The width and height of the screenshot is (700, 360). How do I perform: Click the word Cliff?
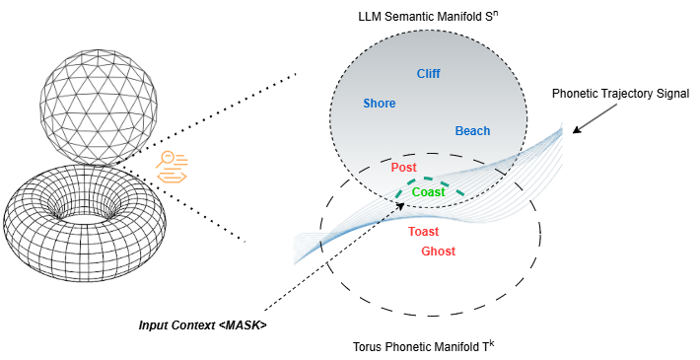(x=428, y=74)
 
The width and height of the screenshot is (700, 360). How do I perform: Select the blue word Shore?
(x=379, y=104)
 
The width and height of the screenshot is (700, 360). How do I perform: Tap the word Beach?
(x=472, y=131)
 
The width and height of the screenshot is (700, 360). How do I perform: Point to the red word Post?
(x=403, y=168)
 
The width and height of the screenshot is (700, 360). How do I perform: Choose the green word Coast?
(x=428, y=192)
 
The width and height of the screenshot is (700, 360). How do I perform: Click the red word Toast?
(x=423, y=232)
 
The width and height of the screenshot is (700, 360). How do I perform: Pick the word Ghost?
(x=438, y=252)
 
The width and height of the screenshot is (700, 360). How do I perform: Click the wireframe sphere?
(x=98, y=99)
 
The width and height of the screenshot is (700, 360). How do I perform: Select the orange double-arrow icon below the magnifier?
(x=173, y=177)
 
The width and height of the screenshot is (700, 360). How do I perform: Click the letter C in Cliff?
(x=420, y=74)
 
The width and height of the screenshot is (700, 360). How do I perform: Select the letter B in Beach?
(x=458, y=131)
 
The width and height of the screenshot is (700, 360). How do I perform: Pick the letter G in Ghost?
(x=425, y=252)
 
